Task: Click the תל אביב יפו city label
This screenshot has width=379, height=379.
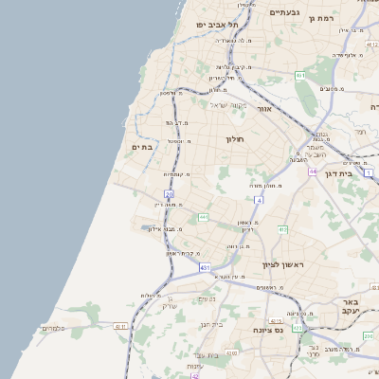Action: [215, 24]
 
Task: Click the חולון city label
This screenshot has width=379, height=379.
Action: [235, 139]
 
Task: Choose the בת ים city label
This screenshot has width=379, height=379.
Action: [143, 146]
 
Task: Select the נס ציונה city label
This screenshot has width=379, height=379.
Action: [270, 329]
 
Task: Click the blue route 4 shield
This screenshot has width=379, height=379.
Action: [259, 200]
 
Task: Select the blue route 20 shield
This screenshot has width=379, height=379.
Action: [169, 193]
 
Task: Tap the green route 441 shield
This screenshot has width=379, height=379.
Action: [203, 217]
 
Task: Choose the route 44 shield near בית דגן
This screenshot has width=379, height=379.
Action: [312, 171]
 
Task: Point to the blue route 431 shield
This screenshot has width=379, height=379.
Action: [205, 269]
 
